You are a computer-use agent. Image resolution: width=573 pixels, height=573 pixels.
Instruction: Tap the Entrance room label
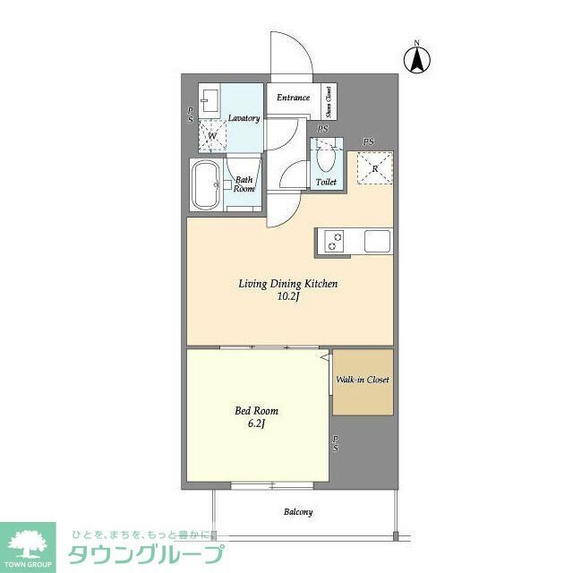[293, 98]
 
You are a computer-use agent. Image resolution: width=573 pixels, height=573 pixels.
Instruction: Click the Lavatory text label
[244, 118]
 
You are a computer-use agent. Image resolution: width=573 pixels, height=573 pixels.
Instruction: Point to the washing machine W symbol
[213, 136]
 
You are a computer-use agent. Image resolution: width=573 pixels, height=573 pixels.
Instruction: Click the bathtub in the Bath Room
[207, 186]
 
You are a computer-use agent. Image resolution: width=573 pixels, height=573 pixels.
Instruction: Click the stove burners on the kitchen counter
[335, 242]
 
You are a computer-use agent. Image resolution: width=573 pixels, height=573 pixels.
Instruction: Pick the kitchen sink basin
[376, 242]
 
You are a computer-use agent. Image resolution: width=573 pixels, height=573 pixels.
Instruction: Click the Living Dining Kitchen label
[287, 284]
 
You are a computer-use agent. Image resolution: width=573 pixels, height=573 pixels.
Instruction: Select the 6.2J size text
[253, 425]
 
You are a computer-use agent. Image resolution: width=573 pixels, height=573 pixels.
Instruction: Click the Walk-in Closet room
[363, 381]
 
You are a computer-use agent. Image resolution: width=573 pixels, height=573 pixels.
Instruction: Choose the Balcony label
[298, 512]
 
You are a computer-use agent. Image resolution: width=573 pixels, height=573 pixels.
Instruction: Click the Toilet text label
[326, 183]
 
